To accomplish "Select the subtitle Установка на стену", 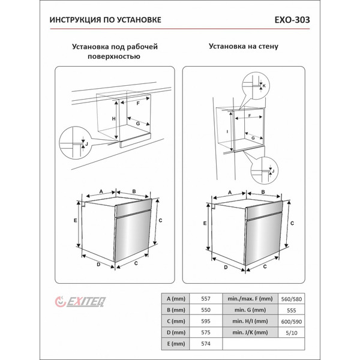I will (x=244, y=46).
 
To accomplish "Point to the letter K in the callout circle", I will (x=264, y=86).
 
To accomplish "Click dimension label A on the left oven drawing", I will (x=101, y=191).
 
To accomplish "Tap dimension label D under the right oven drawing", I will (x=226, y=268).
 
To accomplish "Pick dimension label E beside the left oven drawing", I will (x=75, y=221).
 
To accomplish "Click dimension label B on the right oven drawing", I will (x=263, y=193).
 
